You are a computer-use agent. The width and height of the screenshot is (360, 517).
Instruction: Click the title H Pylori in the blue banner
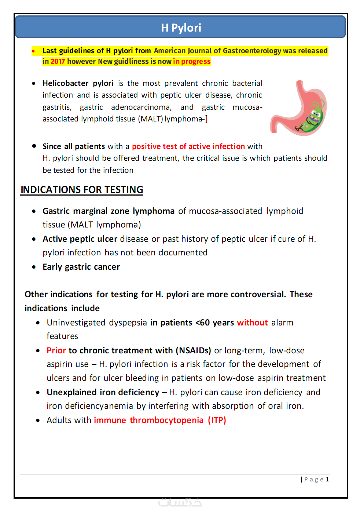pyautogui.click(x=181, y=28)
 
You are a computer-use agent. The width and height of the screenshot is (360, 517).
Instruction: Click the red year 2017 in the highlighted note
pyautogui.click(x=58, y=62)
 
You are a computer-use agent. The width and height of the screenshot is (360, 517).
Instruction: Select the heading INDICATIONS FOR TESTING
pyautogui.click(x=82, y=190)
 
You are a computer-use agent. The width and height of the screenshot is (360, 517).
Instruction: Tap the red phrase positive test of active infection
pyautogui.click(x=188, y=146)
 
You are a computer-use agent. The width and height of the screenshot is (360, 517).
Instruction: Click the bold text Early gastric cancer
pyautogui.click(x=81, y=267)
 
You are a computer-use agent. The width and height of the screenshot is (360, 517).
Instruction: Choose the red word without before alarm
pyautogui.click(x=252, y=323)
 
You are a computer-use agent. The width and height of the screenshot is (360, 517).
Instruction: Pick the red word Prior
pyautogui.click(x=56, y=350)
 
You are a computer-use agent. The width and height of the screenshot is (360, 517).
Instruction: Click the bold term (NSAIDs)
pyautogui.click(x=193, y=350)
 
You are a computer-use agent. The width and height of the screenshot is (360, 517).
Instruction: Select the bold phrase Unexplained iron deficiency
pyautogui.click(x=103, y=392)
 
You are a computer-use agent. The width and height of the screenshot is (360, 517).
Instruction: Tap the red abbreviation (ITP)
pyautogui.click(x=217, y=420)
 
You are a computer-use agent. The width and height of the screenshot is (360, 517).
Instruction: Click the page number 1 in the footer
pyautogui.click(x=327, y=479)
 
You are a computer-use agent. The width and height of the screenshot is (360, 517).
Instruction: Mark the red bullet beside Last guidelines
pyautogui.click(x=33, y=51)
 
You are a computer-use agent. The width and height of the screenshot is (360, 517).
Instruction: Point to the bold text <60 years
pyautogui.click(x=214, y=323)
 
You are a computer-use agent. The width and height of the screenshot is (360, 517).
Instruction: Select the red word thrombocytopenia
pyautogui.click(x=166, y=420)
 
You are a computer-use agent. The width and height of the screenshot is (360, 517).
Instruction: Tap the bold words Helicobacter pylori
pyautogui.click(x=78, y=83)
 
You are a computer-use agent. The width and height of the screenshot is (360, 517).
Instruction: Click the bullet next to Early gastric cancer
pyautogui.click(x=34, y=267)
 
